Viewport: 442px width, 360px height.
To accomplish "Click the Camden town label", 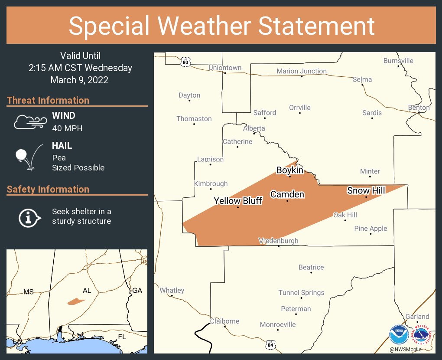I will pyautogui.click(x=287, y=194).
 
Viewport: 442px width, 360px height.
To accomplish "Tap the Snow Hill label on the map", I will pyautogui.click(x=365, y=190).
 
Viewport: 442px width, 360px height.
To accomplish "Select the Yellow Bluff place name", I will pyautogui.click(x=238, y=201).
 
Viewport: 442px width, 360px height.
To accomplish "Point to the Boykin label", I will pyautogui.click(x=289, y=170).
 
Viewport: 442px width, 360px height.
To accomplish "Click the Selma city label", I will pyautogui.click(x=362, y=79).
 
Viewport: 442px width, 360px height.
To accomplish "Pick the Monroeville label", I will pyautogui.click(x=278, y=324).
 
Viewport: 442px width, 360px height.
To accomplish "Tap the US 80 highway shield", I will pyautogui.click(x=185, y=62).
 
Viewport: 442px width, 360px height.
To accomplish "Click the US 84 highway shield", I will pyautogui.click(x=270, y=344).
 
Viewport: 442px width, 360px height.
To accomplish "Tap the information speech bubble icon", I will pyautogui.click(x=29, y=217).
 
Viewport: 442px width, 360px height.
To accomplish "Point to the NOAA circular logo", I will pyautogui.click(x=399, y=334).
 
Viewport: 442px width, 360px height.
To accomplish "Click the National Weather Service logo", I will pyautogui.click(x=421, y=334).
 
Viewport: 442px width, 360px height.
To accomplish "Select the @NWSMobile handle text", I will pyautogui.click(x=405, y=349).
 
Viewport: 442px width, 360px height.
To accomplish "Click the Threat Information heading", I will pyautogui.click(x=48, y=100).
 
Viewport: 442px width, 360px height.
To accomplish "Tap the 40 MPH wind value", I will pyautogui.click(x=67, y=128).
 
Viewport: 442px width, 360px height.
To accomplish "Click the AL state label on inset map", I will pyautogui.click(x=87, y=291).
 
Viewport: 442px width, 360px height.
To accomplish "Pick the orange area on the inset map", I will pyautogui.click(x=76, y=301).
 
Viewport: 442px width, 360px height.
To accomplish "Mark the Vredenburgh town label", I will pyautogui.click(x=278, y=241).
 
